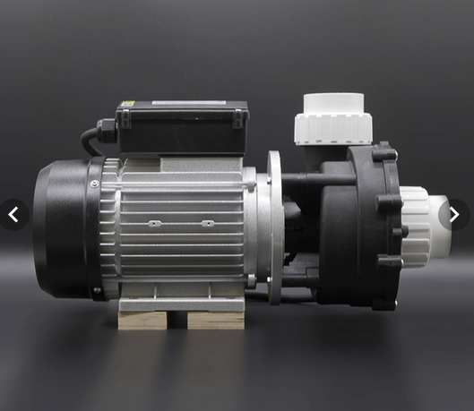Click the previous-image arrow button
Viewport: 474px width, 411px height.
tap(13, 215)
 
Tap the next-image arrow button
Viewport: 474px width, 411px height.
tap(453, 215)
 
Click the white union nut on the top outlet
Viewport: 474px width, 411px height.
tap(331, 129)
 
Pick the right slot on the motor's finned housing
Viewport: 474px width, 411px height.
tap(207, 223)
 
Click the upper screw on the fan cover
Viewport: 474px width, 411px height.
tap(95, 184)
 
